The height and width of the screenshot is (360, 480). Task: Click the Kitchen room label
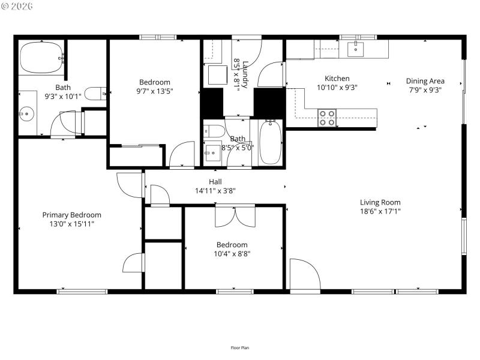[x=337, y=79]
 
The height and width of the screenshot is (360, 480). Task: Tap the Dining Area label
[x=425, y=81]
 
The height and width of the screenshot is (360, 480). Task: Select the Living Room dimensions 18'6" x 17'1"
[x=380, y=211]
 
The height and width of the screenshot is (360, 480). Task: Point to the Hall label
[x=215, y=182]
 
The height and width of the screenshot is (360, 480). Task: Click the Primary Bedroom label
[x=71, y=215]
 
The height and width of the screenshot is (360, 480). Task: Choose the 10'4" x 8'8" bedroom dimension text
[x=232, y=254]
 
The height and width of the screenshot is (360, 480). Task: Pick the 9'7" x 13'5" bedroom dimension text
[x=155, y=92]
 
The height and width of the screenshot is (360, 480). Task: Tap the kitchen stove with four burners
[x=326, y=118]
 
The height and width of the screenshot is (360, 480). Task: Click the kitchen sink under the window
[x=356, y=49]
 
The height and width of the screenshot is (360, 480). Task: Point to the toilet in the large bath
[x=94, y=93]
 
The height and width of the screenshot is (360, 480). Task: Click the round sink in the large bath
[x=25, y=112]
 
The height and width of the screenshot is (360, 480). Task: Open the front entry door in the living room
[x=305, y=273]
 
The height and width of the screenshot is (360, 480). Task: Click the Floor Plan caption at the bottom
[x=240, y=347]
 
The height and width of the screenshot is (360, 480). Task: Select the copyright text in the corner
[x=17, y=6]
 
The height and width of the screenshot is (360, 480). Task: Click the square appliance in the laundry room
[x=217, y=75]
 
